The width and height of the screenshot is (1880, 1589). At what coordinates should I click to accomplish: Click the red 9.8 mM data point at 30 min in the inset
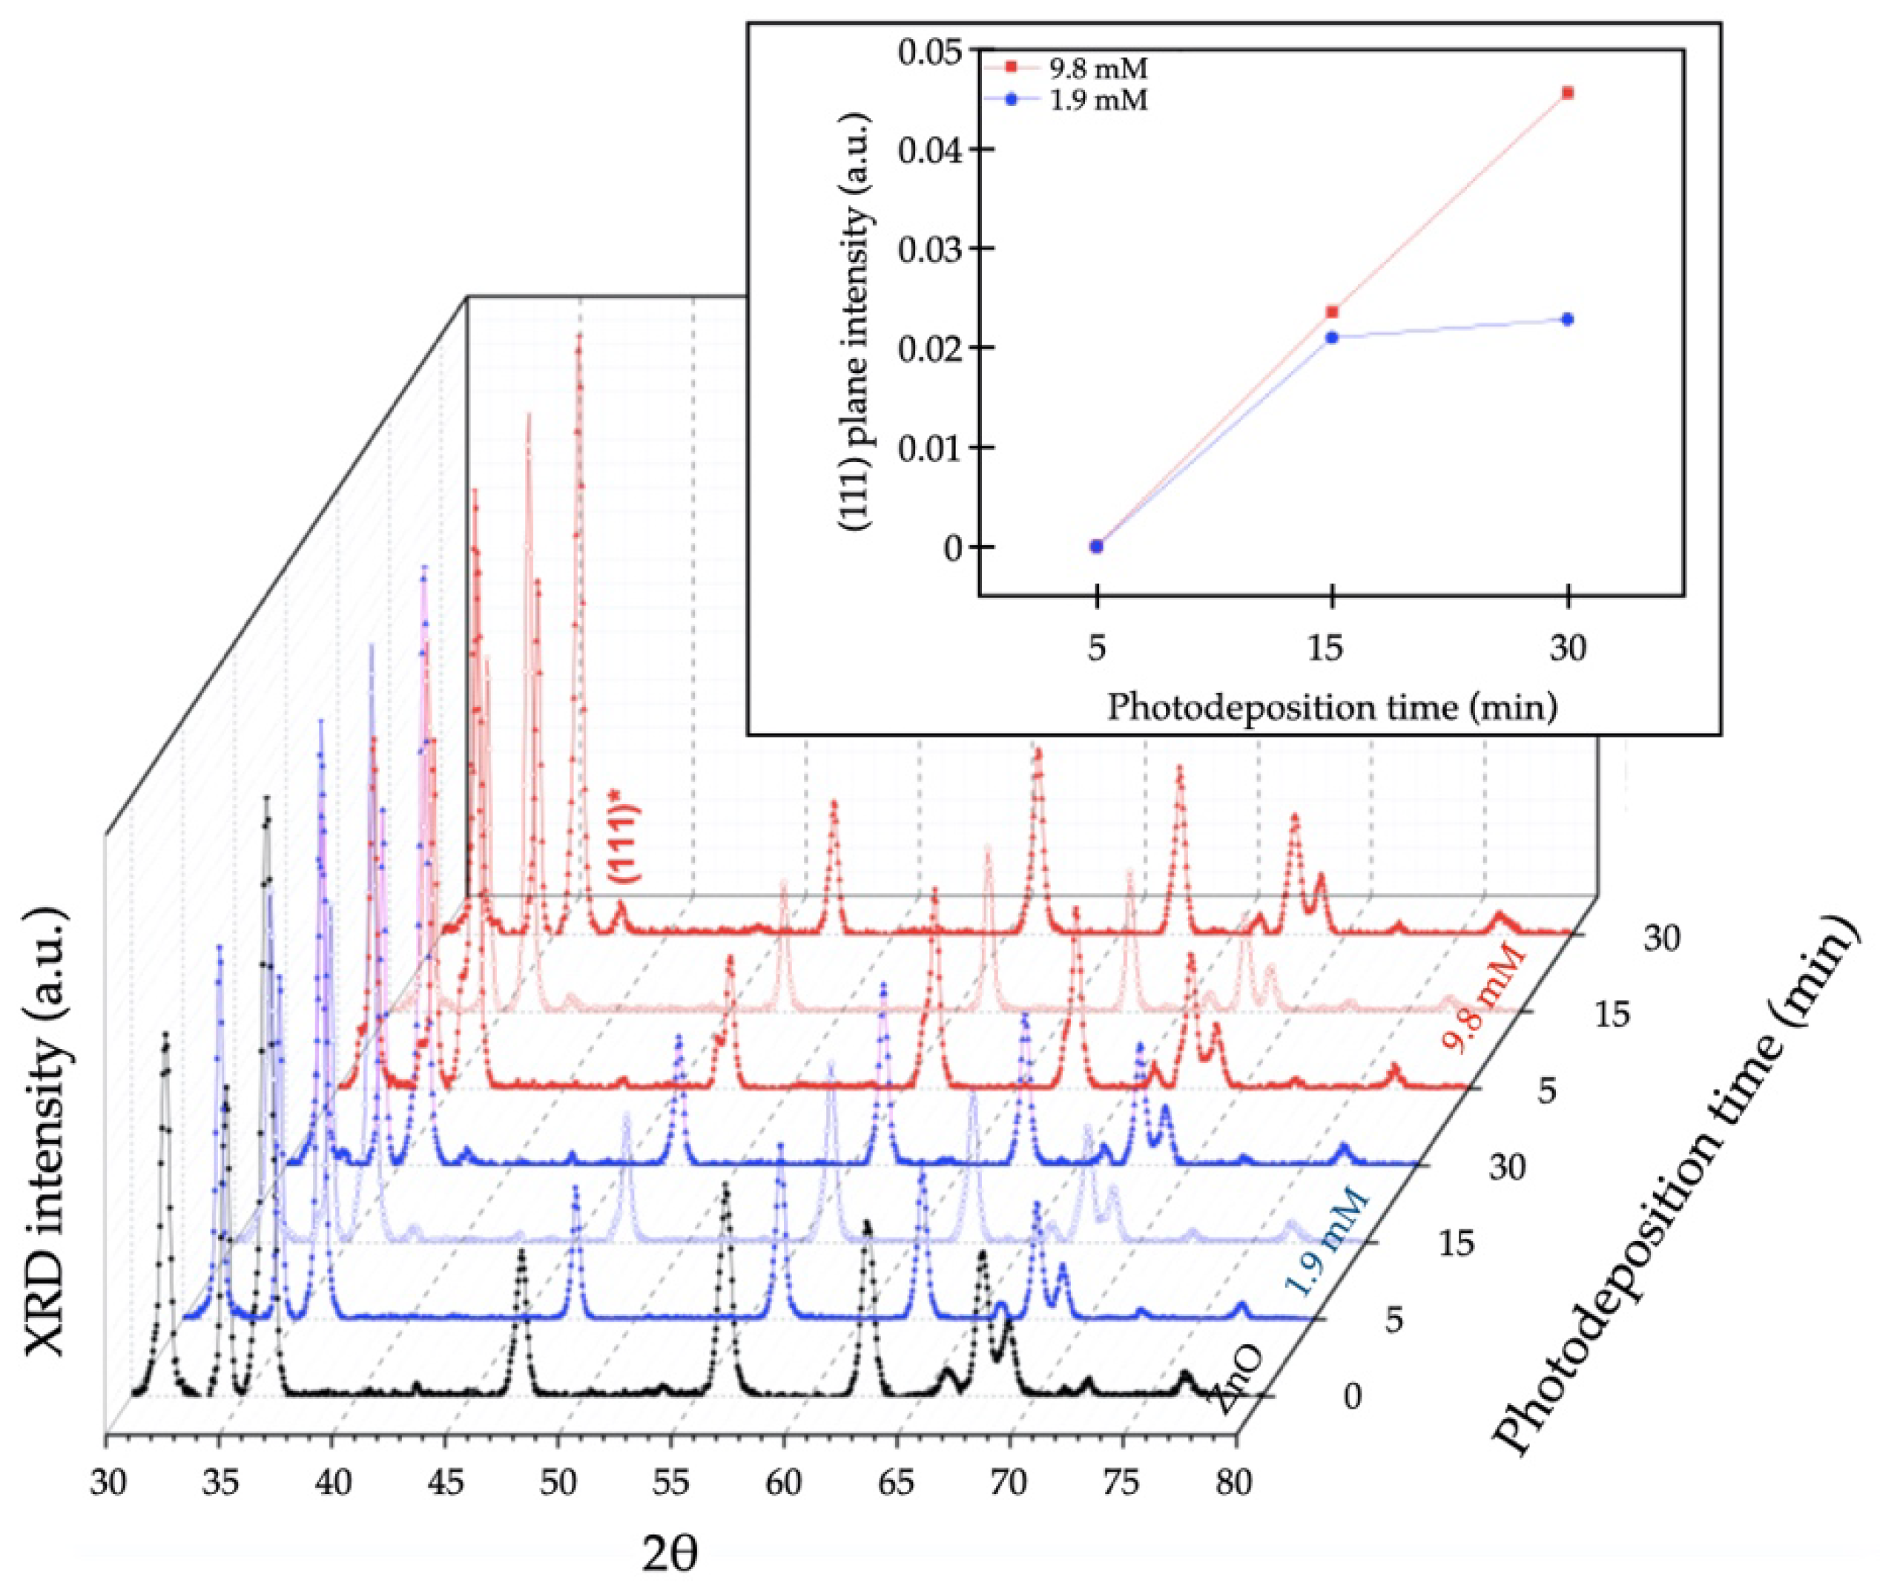pos(1568,93)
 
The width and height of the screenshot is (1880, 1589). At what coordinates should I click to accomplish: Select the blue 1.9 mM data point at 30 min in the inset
pos(1568,319)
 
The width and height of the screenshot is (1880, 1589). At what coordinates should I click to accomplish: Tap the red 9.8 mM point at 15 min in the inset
pos(1332,312)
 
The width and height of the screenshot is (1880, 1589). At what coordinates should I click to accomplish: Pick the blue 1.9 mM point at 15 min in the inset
pos(1332,337)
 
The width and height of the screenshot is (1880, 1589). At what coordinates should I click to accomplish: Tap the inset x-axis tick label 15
pos(1332,648)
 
